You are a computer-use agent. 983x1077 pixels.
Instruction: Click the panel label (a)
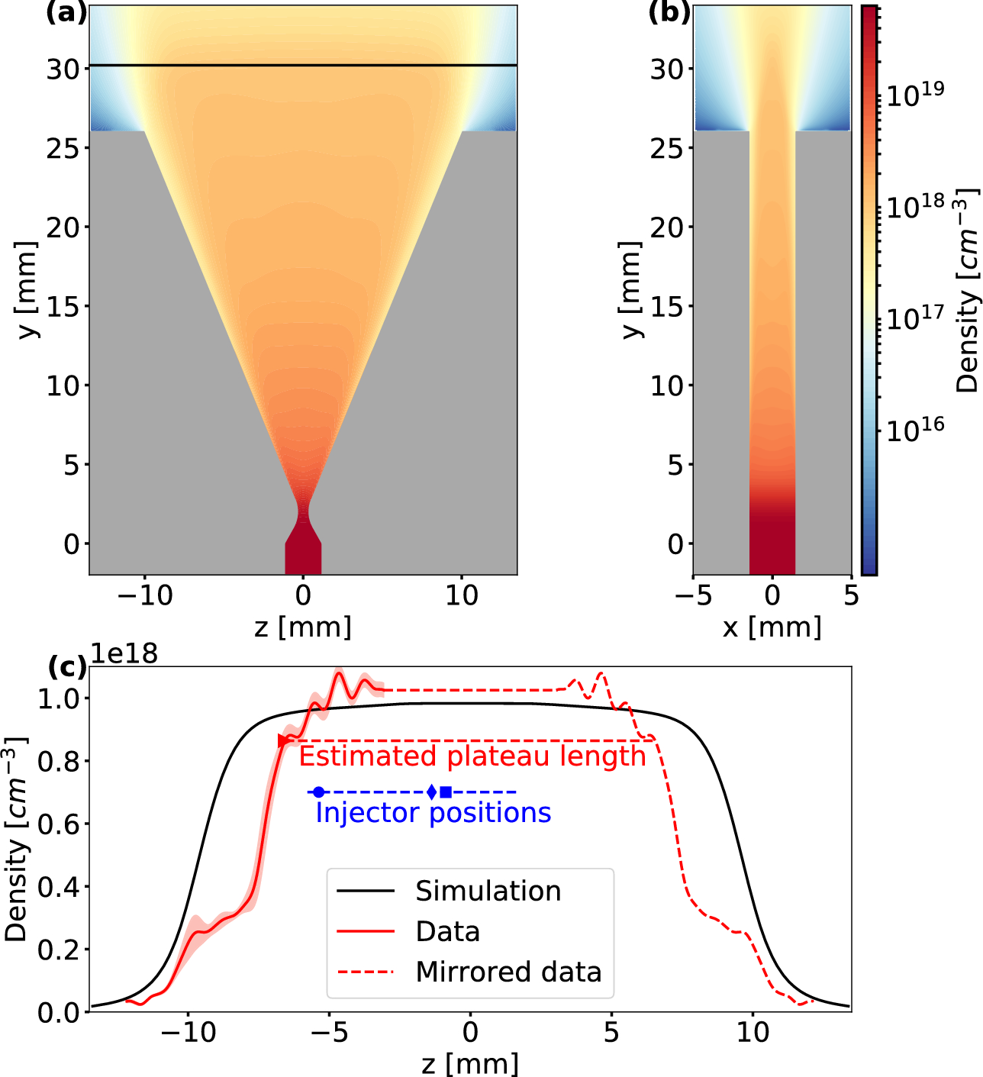tap(66, 13)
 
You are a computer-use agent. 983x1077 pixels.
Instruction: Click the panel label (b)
tap(669, 13)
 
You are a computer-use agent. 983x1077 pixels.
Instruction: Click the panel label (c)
tap(66, 666)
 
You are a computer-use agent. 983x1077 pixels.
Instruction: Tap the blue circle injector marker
tap(319, 792)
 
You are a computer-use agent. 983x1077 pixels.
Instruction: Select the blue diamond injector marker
tap(432, 792)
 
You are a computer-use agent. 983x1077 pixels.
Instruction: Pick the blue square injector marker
tap(446, 792)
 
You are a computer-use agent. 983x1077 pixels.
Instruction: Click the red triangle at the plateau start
tap(283, 740)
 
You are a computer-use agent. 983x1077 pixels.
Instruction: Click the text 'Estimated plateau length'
tap(472, 756)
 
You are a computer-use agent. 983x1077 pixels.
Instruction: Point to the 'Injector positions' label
tap(433, 813)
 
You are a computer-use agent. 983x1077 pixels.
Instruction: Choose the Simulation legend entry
tap(488, 891)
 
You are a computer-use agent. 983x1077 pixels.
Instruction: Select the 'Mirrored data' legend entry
tap(508, 972)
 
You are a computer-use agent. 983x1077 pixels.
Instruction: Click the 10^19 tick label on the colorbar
tap(914, 94)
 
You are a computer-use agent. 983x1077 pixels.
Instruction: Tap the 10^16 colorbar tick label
tap(914, 430)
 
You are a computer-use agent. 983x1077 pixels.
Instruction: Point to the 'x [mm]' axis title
tap(772, 627)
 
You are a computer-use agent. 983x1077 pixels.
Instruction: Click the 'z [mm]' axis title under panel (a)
tap(303, 627)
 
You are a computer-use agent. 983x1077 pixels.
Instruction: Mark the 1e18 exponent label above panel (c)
tap(124, 654)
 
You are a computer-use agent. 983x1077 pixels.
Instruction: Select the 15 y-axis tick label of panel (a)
tap(63, 306)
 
